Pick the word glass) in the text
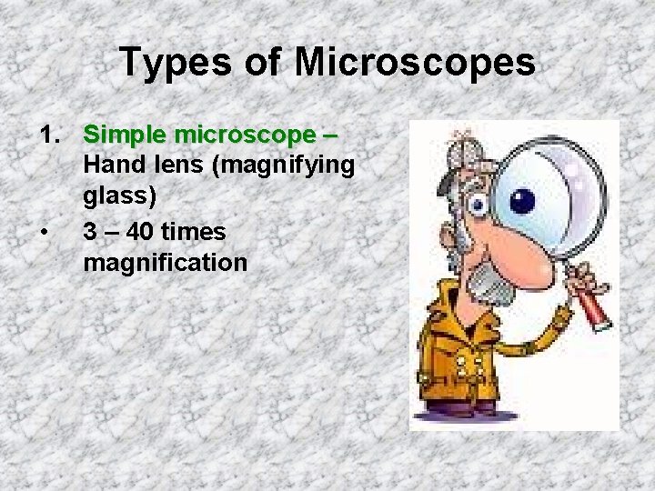[x=119, y=199]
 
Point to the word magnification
[x=165, y=264]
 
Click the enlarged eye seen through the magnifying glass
[x=522, y=199]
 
